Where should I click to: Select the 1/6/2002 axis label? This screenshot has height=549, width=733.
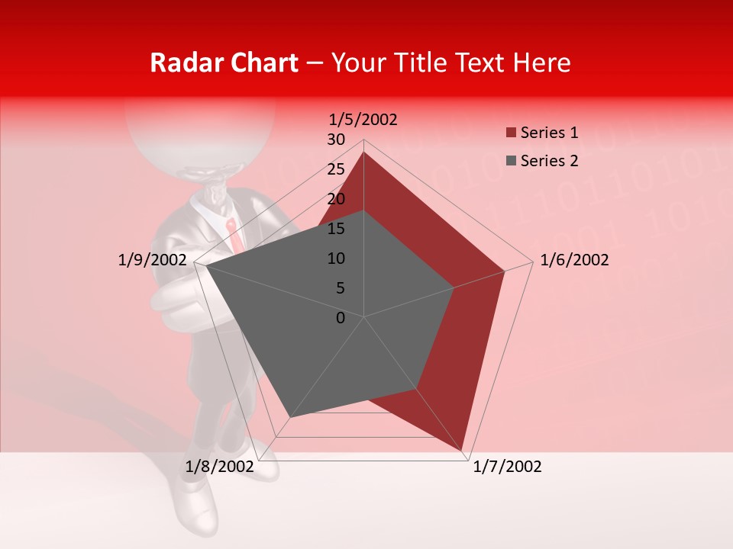point(574,260)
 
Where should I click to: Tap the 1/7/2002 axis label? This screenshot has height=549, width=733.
point(507,467)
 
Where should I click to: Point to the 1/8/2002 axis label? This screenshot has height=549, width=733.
point(219,467)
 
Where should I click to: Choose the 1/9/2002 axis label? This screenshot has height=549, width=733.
point(152,260)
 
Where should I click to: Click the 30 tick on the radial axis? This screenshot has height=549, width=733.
point(335,140)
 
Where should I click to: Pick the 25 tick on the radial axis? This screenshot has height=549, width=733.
point(335,169)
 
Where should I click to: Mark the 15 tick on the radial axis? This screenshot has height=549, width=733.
point(335,229)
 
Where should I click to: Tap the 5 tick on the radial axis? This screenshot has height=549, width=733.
point(340,288)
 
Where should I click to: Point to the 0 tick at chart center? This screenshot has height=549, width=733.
point(341,318)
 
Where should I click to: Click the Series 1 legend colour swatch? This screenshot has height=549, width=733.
point(511,133)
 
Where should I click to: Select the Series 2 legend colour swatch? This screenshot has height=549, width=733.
point(511,161)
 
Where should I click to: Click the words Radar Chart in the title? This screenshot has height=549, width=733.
point(224,63)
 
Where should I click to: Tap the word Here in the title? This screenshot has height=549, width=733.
point(541,63)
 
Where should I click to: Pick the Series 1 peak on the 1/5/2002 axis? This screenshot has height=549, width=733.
point(364,152)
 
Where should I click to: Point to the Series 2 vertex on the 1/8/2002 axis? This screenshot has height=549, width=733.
point(289,418)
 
